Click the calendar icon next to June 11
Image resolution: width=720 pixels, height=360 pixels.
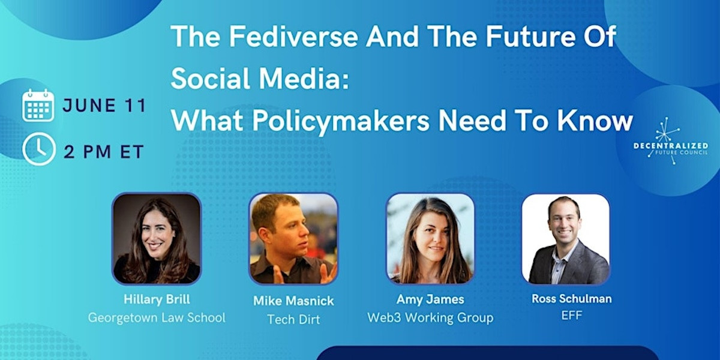pyautogui.click(x=38, y=106)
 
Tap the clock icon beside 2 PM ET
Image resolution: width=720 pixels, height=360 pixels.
pyautogui.click(x=38, y=150)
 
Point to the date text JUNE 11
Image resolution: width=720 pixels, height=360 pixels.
pyautogui.click(x=104, y=106)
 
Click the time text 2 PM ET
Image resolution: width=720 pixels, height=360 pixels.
pyautogui.click(x=104, y=152)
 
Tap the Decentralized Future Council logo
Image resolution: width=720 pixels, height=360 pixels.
pyautogui.click(x=670, y=142)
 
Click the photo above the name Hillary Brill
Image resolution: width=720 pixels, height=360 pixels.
pyautogui.click(x=157, y=238)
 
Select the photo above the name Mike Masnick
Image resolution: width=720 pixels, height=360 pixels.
pyautogui.click(x=293, y=238)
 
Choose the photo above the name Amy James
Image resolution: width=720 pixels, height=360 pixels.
pyautogui.click(x=430, y=238)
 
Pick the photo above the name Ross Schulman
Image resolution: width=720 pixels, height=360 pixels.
pyautogui.click(x=565, y=238)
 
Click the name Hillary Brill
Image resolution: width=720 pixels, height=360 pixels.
pyautogui.click(x=157, y=299)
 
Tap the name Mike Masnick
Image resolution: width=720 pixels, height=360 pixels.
pyautogui.click(x=293, y=301)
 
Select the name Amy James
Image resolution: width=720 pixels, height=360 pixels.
pyautogui.click(x=430, y=299)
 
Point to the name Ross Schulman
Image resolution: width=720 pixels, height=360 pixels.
pyautogui.click(x=572, y=298)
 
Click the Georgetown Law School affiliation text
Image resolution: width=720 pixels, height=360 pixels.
pyautogui.click(x=157, y=317)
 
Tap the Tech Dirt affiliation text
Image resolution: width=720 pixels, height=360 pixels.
pyautogui.click(x=293, y=319)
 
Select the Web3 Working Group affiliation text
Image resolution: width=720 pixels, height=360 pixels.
pyautogui.click(x=430, y=317)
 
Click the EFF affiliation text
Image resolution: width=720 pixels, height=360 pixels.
pyautogui.click(x=572, y=316)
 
